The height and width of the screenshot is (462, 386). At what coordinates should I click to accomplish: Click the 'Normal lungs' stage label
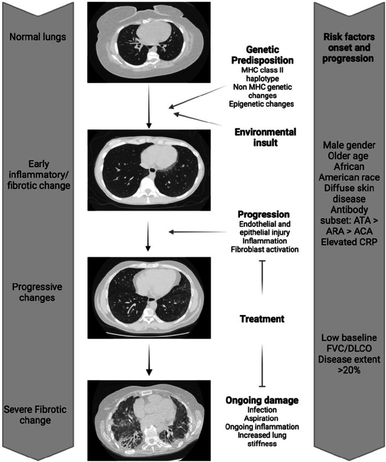[x=38, y=37]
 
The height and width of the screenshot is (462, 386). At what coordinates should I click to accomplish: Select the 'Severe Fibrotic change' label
[x=35, y=414]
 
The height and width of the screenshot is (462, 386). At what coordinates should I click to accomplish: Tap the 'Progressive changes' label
[x=37, y=292]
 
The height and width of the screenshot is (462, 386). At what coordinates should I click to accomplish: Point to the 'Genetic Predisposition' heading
[x=262, y=55]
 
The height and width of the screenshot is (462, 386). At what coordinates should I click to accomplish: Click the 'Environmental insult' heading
[x=265, y=137]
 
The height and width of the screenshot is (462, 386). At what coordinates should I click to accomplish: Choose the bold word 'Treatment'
[x=262, y=319]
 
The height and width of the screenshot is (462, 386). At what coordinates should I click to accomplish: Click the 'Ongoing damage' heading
[x=262, y=400]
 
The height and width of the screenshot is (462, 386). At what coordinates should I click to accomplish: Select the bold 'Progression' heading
[x=264, y=214]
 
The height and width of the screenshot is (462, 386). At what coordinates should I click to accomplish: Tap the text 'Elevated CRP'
[x=349, y=242]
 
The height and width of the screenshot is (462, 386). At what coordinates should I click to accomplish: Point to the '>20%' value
[x=349, y=370]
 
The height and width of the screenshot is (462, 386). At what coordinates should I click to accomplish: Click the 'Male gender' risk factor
[x=349, y=145]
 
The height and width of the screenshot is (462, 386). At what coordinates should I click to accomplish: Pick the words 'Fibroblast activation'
[x=265, y=249]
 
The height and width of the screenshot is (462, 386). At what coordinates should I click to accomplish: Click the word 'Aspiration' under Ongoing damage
[x=262, y=418]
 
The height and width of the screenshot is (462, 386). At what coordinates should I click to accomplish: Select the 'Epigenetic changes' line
[x=261, y=104]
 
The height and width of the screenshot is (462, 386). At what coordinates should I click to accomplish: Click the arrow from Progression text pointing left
[x=198, y=232]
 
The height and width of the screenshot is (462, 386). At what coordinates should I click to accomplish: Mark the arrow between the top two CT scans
[x=149, y=106]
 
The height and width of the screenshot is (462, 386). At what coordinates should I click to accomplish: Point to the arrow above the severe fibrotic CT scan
[x=149, y=360]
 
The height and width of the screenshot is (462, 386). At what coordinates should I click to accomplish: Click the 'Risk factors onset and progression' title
[x=348, y=48]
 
